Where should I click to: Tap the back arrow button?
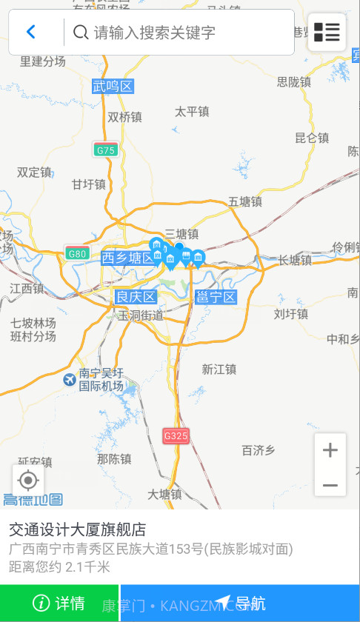pos(31,32)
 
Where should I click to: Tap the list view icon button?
pos(327,32)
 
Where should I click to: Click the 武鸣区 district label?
pos(113,87)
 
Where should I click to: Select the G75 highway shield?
pos(106,150)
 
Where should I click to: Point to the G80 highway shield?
pos(77,253)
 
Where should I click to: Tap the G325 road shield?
pos(176,436)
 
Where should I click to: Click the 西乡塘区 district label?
pos(127,258)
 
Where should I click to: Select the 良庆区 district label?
pos(136,297)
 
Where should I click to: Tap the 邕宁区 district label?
pos(216,297)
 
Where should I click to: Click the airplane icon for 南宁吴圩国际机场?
pos(70,380)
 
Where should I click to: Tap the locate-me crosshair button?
pos(28,481)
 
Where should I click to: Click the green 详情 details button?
pos(59,603)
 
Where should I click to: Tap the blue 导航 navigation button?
pos(240,603)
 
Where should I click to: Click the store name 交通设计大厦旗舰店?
pos(77,529)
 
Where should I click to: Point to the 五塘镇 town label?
pos(245,201)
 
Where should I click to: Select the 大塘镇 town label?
pos(164,494)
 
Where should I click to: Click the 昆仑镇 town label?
pos(312,138)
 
